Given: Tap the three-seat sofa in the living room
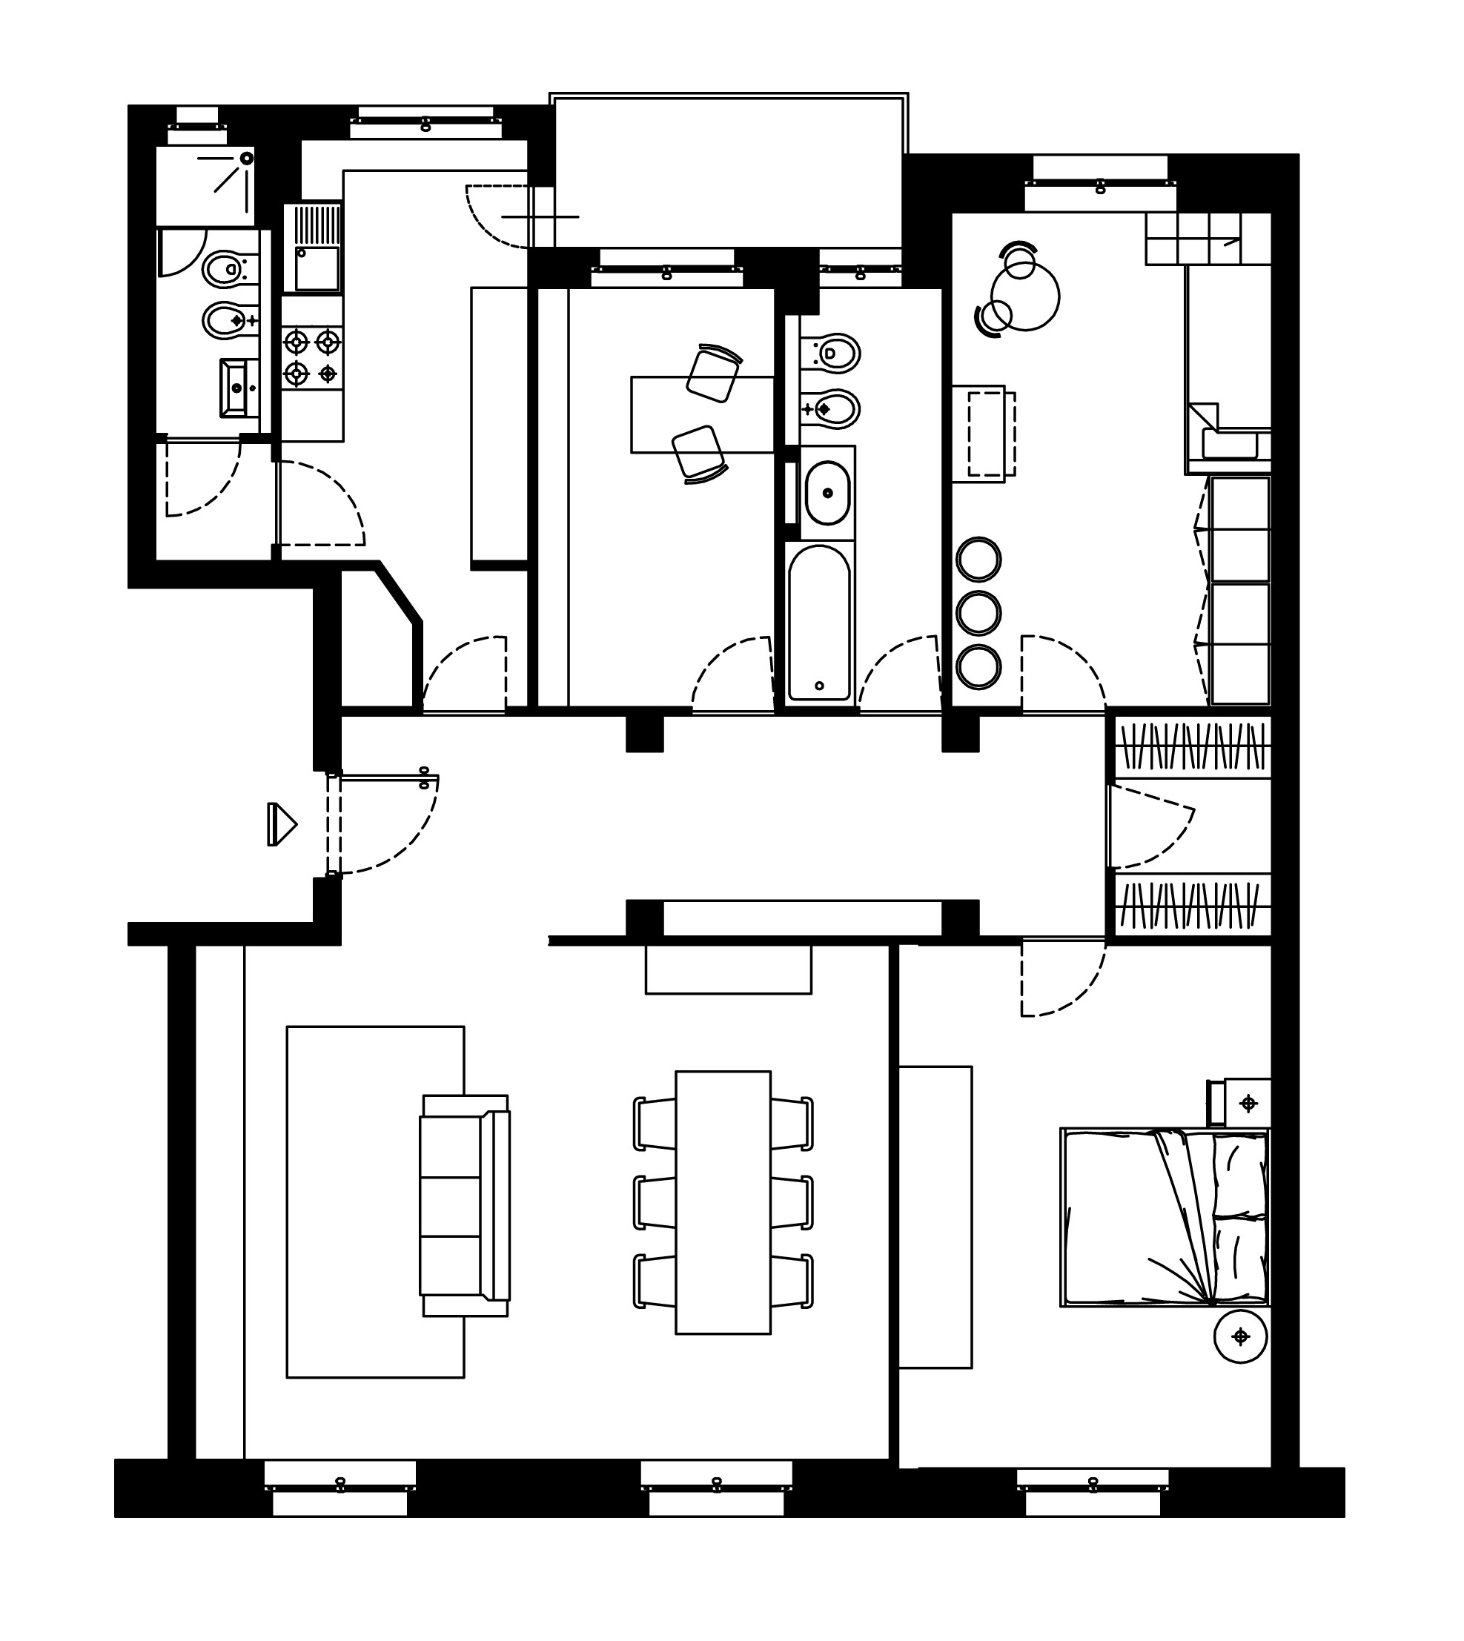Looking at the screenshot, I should pos(464,1206).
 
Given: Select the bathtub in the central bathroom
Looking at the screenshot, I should pos(819,623).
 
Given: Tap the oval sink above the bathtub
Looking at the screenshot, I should pos(827,492).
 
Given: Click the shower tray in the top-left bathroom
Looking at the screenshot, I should pos(205,185).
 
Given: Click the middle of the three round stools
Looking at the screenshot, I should pos(978,614).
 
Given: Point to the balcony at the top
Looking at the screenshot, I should pos(728,170).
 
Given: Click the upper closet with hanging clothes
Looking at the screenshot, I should pos(1191,746).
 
